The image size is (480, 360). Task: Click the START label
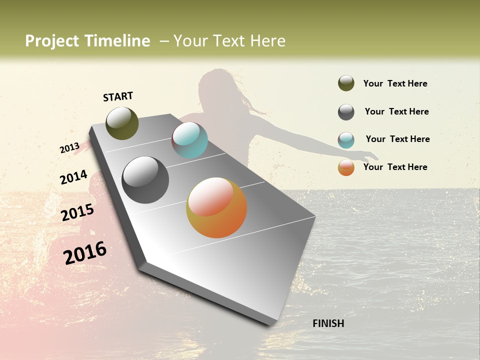(x=118, y=96)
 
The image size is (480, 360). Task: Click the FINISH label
(x=328, y=323)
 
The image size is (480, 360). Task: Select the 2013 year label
(x=69, y=148)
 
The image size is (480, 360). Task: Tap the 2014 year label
(x=73, y=177)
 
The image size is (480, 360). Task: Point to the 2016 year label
(x=85, y=253)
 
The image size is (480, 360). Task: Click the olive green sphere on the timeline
(x=122, y=123)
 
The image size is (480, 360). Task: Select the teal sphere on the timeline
(x=189, y=140)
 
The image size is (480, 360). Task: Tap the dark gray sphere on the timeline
(x=145, y=180)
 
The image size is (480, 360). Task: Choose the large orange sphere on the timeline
(x=216, y=207)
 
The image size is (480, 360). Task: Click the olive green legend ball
(x=346, y=83)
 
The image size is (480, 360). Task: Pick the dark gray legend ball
(x=346, y=112)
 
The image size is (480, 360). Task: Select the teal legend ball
(x=346, y=140)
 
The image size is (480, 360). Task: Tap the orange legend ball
(x=346, y=167)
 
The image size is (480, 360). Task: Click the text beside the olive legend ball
(x=395, y=83)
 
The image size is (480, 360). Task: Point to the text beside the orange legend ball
(x=395, y=167)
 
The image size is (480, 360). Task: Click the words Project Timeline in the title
(x=87, y=41)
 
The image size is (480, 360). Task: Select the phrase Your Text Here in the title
(x=229, y=41)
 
